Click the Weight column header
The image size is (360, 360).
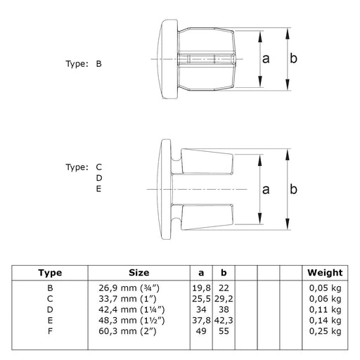click(325, 273)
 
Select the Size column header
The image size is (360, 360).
click(139, 273)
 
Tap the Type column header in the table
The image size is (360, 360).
click(50, 273)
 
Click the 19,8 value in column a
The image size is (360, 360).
click(201, 288)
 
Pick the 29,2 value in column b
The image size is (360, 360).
click(224, 299)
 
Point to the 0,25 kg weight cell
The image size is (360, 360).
click(325, 331)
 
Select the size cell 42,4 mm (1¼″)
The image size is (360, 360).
click(131, 310)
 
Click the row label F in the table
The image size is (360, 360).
click(50, 331)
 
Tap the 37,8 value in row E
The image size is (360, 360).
click(201, 321)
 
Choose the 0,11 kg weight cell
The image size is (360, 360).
click(325, 309)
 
